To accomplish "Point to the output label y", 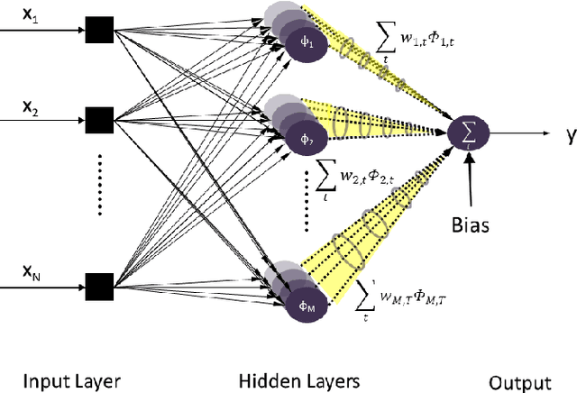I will coord(570,136).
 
